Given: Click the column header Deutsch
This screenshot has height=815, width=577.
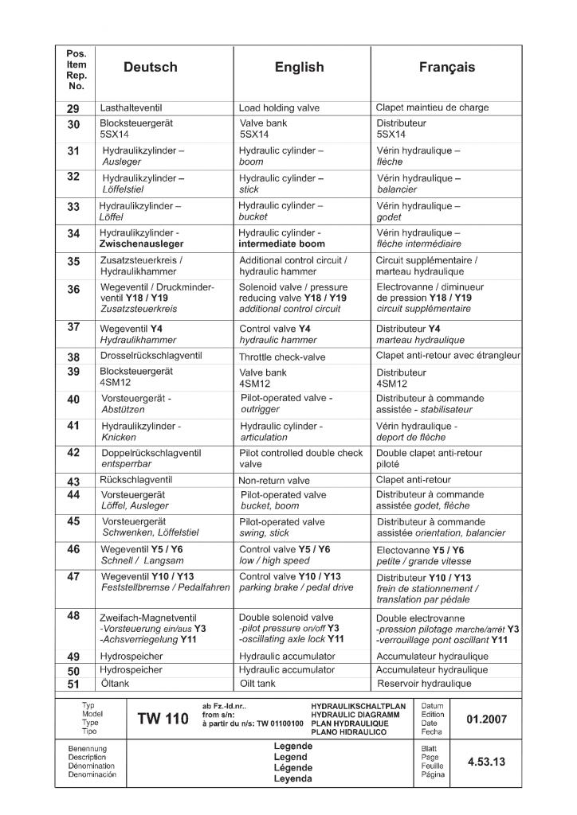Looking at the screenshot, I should pos(151,68).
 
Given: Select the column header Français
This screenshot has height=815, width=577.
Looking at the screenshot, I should pos(446,68).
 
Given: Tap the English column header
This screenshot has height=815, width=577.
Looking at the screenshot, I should pos(299,68).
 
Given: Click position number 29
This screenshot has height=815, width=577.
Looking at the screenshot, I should pos(73,108).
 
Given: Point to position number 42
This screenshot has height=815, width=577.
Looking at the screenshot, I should pos(73,453).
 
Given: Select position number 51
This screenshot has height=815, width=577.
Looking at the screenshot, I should pos(73,684).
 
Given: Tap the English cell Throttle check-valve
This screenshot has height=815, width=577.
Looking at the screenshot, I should pos(282,357).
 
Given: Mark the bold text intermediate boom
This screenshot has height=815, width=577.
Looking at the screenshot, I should pos(282,244).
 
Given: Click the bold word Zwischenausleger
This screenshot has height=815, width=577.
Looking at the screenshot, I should pos(143,244).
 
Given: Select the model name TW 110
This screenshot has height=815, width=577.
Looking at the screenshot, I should pos(163,719).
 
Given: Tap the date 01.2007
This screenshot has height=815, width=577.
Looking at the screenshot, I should pos(487,719).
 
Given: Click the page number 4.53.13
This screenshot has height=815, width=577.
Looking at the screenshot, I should pos(487,761).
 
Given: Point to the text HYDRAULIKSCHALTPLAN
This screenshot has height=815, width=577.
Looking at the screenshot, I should pos(358,706).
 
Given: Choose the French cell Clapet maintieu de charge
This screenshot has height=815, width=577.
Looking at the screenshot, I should pos(432,107).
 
